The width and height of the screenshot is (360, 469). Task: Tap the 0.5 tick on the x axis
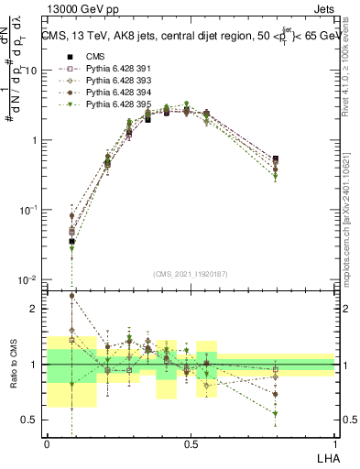[x=191, y=443]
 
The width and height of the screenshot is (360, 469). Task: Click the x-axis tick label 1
[x=334, y=443]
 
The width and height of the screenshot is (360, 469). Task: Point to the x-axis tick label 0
[x=48, y=443]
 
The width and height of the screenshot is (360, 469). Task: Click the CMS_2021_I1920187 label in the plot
[x=191, y=273]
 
